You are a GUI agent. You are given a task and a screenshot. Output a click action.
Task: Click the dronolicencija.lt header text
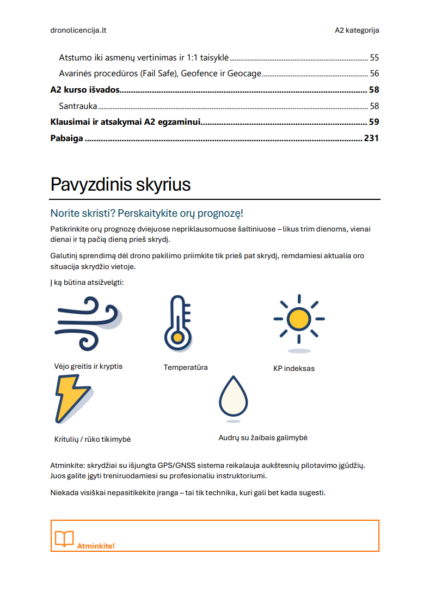point(78,31)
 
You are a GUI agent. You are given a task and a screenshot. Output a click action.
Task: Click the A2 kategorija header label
point(357,31)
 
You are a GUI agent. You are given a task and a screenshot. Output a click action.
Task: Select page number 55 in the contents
point(374,57)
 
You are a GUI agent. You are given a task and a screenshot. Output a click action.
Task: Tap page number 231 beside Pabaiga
point(371,138)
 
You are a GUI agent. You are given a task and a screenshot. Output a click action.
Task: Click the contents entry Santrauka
point(78,106)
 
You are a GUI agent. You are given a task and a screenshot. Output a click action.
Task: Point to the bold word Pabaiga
point(66,138)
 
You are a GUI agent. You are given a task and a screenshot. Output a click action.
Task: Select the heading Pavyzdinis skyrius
point(120,185)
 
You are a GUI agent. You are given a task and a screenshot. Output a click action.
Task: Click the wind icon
point(88,324)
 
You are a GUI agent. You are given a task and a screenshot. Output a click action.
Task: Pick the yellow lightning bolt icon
point(72,399)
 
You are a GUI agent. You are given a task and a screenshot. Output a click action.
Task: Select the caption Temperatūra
point(186,368)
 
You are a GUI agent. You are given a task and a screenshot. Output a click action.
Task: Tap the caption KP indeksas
point(294,369)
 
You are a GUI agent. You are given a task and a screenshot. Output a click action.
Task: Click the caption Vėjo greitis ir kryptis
point(88,366)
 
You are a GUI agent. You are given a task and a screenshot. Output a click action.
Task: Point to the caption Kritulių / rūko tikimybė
point(93,439)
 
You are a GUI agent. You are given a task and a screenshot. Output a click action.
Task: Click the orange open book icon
point(64,539)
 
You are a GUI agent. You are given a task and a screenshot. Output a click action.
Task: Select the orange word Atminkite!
point(96,546)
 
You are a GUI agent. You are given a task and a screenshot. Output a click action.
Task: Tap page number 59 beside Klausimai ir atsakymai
point(374,122)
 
